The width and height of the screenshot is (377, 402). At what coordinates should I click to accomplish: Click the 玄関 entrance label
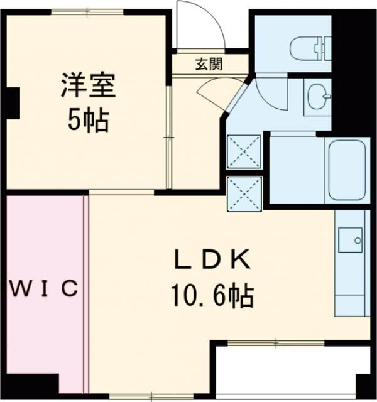[207, 64]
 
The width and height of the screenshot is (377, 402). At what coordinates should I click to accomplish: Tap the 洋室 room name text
[88, 86]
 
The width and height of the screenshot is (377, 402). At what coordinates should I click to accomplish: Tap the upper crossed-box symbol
[244, 151]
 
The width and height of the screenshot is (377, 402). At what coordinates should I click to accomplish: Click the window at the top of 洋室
[88, 11]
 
